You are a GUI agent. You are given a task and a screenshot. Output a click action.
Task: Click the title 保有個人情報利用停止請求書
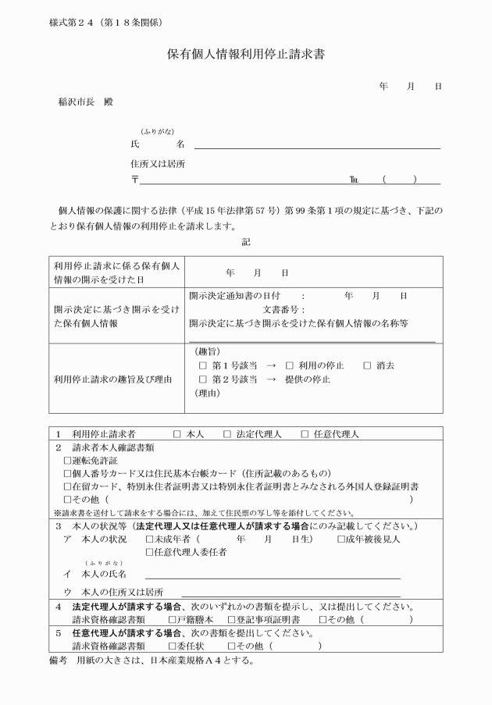(x=245, y=55)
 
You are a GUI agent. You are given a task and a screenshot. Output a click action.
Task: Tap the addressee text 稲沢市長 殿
(x=85, y=101)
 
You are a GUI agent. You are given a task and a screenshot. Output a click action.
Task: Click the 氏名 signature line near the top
(x=316, y=147)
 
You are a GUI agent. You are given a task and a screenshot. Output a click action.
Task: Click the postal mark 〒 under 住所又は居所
(x=135, y=180)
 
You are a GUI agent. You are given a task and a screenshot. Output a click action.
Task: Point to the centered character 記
(x=246, y=243)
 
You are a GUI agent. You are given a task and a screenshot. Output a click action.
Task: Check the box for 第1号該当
(x=203, y=365)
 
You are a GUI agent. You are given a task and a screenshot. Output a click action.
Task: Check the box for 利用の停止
(x=290, y=365)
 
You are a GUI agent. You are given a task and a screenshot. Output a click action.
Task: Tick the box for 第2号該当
(x=203, y=379)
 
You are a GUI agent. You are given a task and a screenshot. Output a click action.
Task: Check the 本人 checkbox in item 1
(x=176, y=433)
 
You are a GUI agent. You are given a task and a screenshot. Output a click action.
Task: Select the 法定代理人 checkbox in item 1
(x=227, y=433)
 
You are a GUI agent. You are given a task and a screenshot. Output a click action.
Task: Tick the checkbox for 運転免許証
(x=67, y=461)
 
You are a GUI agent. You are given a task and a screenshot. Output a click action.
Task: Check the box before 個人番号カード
(x=67, y=474)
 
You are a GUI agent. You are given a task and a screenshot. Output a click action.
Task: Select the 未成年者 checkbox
(x=150, y=539)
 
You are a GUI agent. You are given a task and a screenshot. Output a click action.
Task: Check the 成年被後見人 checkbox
(x=341, y=539)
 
